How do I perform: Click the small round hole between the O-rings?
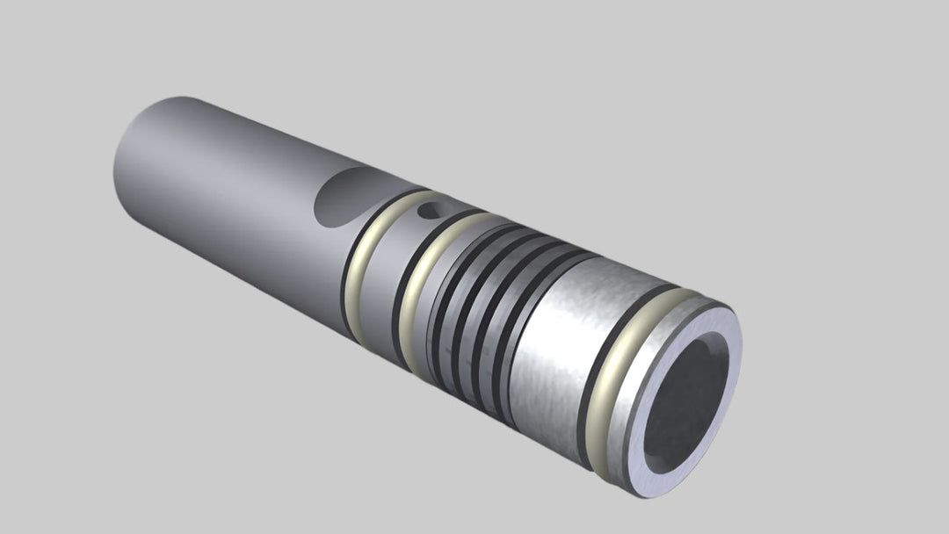428,210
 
